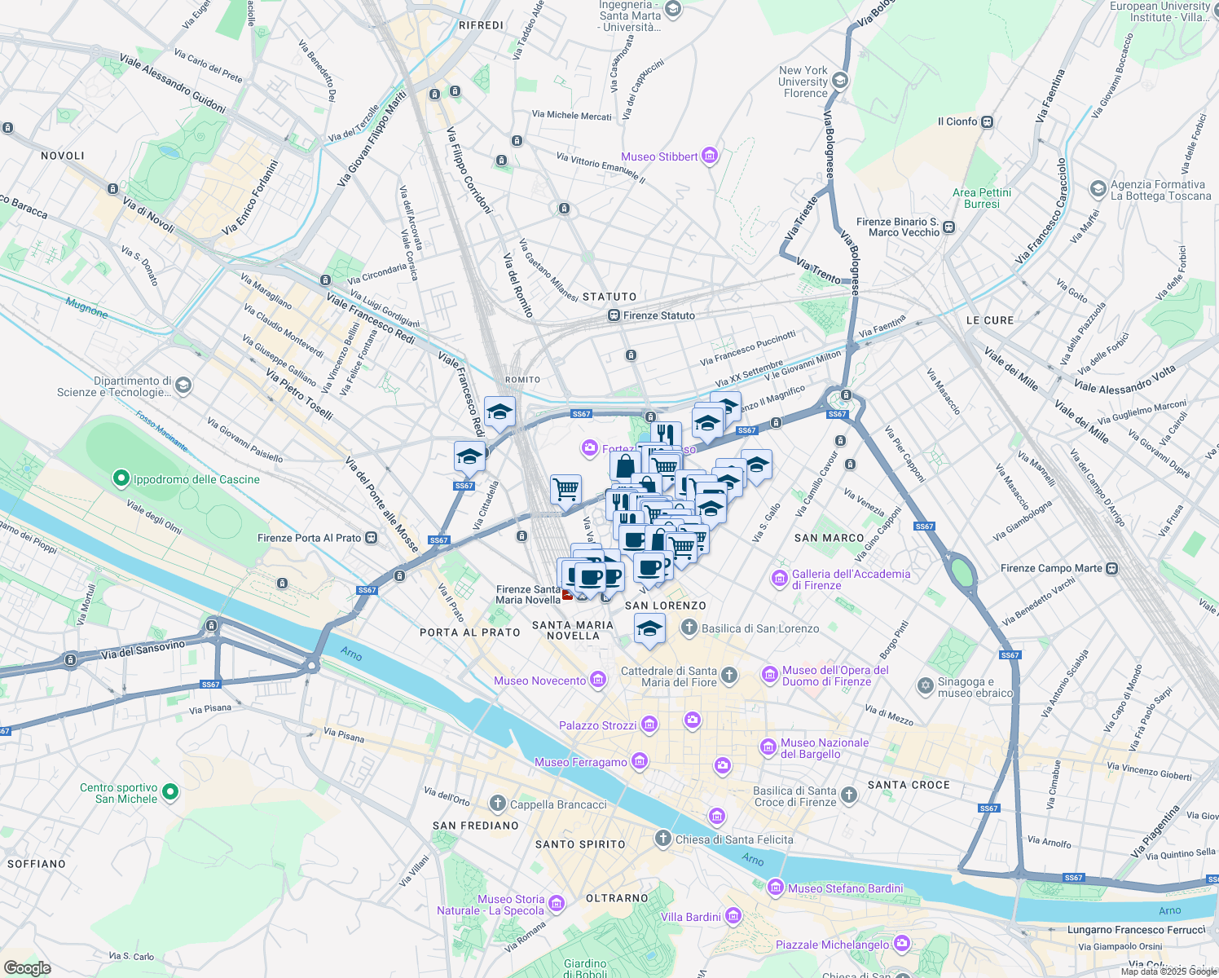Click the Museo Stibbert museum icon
pyautogui.click(x=710, y=156)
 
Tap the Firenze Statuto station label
pyautogui.click(x=659, y=315)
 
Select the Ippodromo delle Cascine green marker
pyautogui.click(x=121, y=478)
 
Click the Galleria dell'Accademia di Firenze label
pyautogui.click(x=851, y=579)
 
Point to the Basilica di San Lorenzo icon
pyautogui.click(x=689, y=628)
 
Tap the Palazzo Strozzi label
pyautogui.click(x=597, y=725)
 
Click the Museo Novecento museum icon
pyautogui.click(x=599, y=680)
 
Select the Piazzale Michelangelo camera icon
pyautogui.click(x=901, y=944)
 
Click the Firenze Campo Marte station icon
pyautogui.click(x=1112, y=568)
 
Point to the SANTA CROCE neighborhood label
pyautogui.click(x=909, y=785)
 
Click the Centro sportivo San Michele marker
pyautogui.click(x=170, y=791)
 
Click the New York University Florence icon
pyautogui.click(x=840, y=80)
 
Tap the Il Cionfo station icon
pyautogui.click(x=988, y=121)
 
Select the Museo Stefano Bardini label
pyautogui.click(x=845, y=888)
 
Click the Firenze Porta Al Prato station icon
pyautogui.click(x=372, y=537)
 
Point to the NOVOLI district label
pyautogui.click(x=63, y=156)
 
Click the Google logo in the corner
pyautogui.click(x=27, y=967)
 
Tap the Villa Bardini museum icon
pyautogui.click(x=733, y=916)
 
